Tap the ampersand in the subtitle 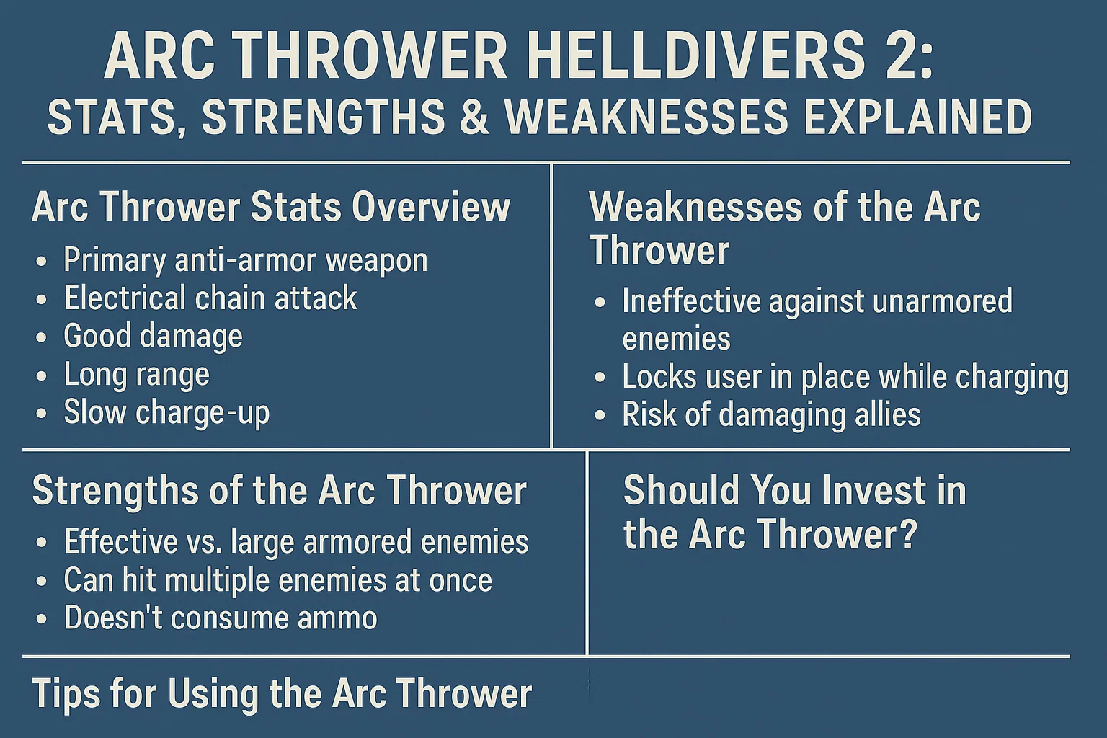(x=471, y=117)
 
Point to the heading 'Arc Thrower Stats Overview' (x=271, y=207)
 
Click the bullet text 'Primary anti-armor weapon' (x=245, y=259)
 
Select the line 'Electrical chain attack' (x=210, y=298)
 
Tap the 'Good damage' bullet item (x=154, y=336)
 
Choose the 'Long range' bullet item (x=137, y=375)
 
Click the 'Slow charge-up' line (x=167, y=413)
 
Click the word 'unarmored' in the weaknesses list (x=943, y=301)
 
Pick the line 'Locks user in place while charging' (x=845, y=377)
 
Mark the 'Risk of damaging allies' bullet (x=771, y=414)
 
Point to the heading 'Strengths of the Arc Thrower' (x=279, y=491)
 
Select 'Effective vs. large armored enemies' (x=296, y=541)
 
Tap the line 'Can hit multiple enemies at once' (x=278, y=579)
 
